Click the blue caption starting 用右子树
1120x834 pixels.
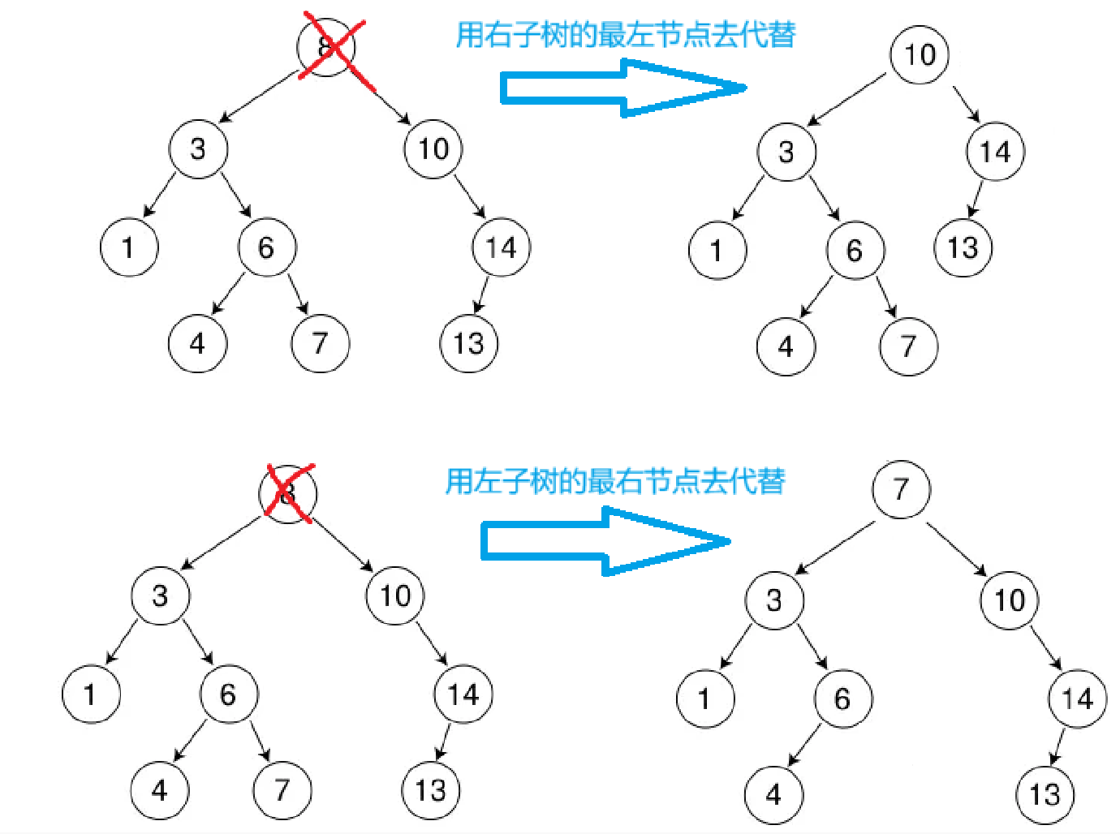[625, 35]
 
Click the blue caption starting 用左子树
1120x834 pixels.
[615, 481]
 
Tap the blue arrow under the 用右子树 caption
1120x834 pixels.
[621, 88]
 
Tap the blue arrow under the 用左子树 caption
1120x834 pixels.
[605, 541]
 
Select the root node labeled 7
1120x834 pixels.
[901, 489]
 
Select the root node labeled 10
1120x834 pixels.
[920, 55]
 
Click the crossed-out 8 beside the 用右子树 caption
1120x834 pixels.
[326, 47]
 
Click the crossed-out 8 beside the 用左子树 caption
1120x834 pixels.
[288, 493]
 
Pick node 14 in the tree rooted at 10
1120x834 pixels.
[995, 152]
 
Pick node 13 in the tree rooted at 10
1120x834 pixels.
[963, 248]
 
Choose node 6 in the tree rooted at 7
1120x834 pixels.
[842, 699]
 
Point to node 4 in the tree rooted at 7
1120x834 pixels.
[773, 794]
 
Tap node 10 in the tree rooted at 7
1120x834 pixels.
[1010, 600]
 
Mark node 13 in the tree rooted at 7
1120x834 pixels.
[1045, 794]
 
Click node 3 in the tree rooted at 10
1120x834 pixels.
[786, 152]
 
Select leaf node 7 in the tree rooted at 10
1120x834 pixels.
[908, 347]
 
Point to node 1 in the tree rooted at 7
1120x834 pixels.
[704, 699]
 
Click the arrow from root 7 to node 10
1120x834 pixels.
[956, 548]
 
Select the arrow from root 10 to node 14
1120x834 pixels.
[967, 104]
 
